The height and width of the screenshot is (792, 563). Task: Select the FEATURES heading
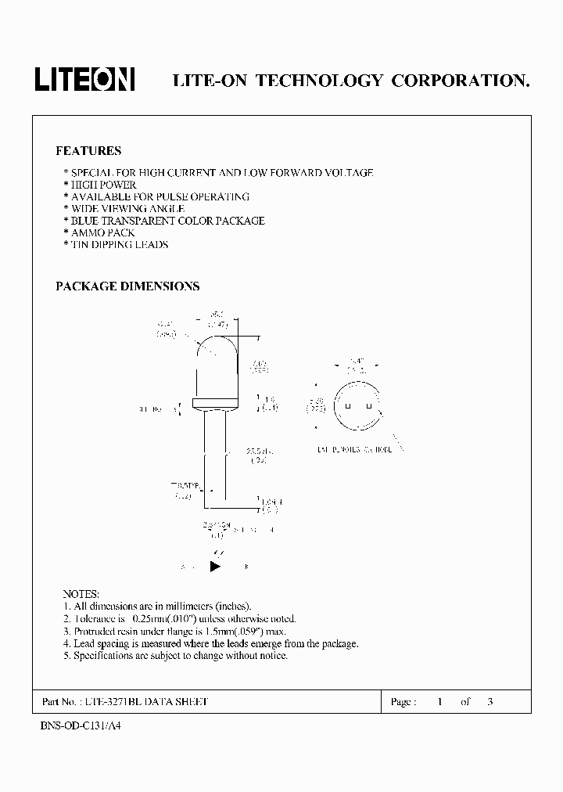coord(88,150)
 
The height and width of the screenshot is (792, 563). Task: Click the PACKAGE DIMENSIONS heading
coord(127,286)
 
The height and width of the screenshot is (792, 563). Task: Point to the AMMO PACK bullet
coord(99,232)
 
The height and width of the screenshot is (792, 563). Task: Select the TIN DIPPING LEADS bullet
coord(117,244)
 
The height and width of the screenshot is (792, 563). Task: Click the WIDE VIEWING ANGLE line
coord(124,209)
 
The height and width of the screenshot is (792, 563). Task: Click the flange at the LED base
coord(214,404)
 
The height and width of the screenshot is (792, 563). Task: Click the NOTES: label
coord(81,594)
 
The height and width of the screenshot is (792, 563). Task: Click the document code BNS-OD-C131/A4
coord(81,725)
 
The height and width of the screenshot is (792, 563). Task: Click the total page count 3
coord(489,702)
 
